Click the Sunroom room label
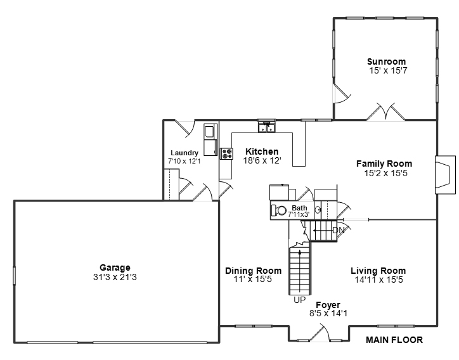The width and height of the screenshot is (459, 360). [x=387, y=61]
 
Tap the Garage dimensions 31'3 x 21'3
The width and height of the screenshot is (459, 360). [x=115, y=277]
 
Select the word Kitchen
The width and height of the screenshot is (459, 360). [x=262, y=151]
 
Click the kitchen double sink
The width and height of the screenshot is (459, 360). [x=266, y=128]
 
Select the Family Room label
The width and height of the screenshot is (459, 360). [x=384, y=164]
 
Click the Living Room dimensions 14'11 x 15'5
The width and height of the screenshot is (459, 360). [x=378, y=280]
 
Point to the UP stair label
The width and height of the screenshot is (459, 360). [x=300, y=300]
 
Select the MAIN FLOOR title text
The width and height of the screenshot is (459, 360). [x=394, y=340]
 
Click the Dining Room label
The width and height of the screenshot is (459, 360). [x=254, y=271]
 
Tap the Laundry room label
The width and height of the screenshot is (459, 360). [x=184, y=153]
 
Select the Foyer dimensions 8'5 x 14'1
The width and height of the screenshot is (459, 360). [x=328, y=313]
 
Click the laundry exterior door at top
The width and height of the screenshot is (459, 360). [x=185, y=128]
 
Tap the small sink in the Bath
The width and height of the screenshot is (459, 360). [x=319, y=209]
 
